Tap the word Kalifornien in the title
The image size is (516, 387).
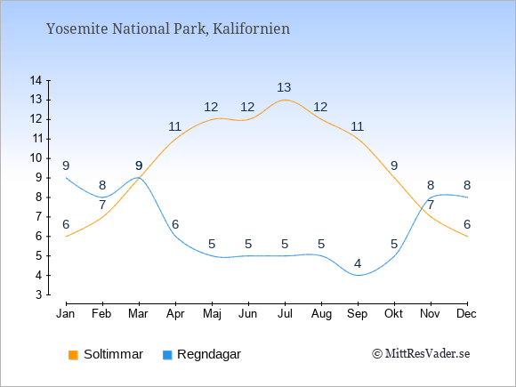coord(251,28)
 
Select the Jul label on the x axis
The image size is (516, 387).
coord(285,314)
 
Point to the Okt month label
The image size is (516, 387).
coord(393,314)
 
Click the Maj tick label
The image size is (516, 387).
coord(212,314)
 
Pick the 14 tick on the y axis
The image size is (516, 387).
coord(36,80)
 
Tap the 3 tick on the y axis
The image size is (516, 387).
coord(39,294)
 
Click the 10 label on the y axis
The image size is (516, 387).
coord(36,158)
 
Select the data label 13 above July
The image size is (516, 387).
coord(284,87)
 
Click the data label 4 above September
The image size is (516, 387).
coord(358,263)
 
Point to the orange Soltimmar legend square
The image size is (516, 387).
coord(73,355)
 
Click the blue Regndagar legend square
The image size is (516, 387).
coord(167,355)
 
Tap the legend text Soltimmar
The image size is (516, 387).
coord(113,354)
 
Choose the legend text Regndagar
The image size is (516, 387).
coord(209,355)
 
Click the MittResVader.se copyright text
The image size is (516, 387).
coord(421,354)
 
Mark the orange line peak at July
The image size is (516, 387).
coord(285,100)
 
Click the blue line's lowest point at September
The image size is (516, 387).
coord(358,275)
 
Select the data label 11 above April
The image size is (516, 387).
coord(174,126)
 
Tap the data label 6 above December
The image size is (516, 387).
coord(467,224)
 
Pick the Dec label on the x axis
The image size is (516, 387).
coord(466,314)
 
